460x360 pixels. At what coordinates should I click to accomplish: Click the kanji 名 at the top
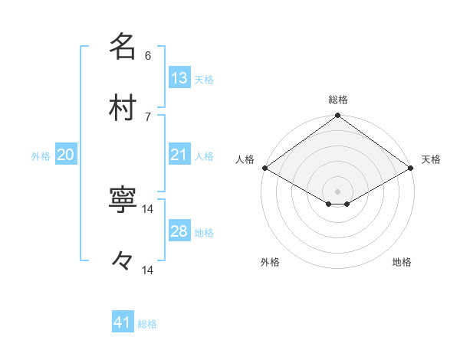click(x=123, y=47)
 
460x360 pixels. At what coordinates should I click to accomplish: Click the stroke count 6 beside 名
click(x=148, y=55)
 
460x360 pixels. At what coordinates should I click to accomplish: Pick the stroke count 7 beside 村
click(x=148, y=116)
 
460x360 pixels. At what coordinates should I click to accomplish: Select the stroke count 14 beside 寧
click(x=149, y=208)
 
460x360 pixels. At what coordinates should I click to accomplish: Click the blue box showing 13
click(x=179, y=77)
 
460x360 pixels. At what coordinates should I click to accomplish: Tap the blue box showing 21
click(x=179, y=155)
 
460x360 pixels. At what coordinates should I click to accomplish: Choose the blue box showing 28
click(x=179, y=231)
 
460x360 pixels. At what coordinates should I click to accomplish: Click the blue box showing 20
click(x=65, y=155)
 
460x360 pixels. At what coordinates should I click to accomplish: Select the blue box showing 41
click(x=123, y=322)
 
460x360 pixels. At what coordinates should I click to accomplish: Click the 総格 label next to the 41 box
click(x=148, y=324)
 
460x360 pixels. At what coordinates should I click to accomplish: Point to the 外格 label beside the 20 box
click(x=41, y=156)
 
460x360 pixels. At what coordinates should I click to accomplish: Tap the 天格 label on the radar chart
click(x=431, y=159)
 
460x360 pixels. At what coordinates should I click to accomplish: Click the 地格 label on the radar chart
click(x=402, y=262)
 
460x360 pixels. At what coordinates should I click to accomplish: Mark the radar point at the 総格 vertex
click(x=338, y=116)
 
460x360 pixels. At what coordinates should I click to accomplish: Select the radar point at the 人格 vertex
click(x=264, y=168)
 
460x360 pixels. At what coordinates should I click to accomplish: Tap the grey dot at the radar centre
click(x=338, y=191)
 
